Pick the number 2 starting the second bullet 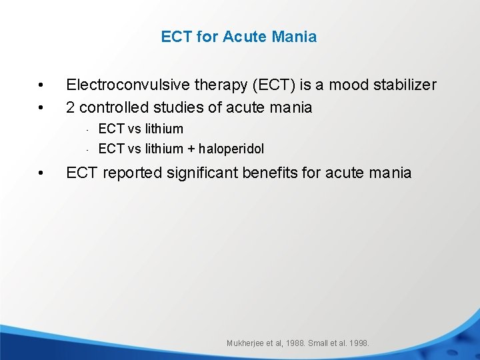coord(71,107)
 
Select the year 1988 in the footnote coord(293,343)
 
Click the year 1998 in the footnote coord(357,343)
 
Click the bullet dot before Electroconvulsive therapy coord(41,85)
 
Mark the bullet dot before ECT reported coord(41,173)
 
